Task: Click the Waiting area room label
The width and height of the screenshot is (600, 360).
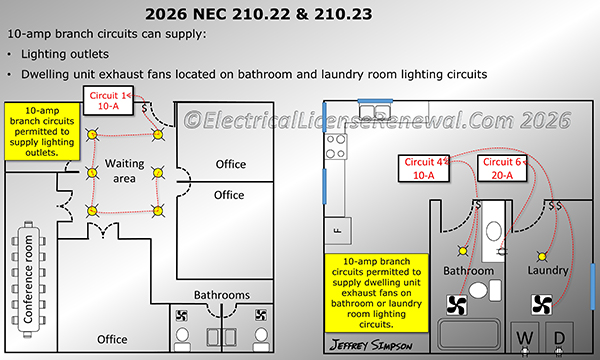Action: (x=125, y=171)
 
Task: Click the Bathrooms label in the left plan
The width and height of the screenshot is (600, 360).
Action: (x=222, y=295)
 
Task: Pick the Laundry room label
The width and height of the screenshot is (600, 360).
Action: (x=548, y=270)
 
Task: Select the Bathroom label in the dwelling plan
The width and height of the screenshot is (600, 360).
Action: (x=469, y=270)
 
